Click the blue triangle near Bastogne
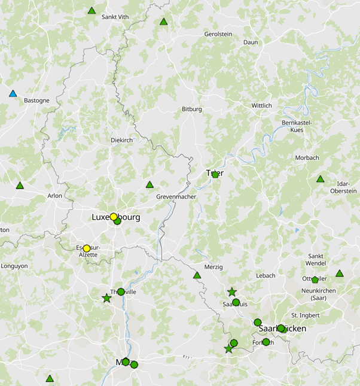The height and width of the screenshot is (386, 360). coord(13,93)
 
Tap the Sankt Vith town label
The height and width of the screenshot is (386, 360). coord(115,17)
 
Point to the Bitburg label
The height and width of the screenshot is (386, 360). coord(192,110)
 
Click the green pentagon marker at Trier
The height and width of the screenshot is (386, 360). coord(215,174)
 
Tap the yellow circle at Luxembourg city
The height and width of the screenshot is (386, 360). coord(113,217)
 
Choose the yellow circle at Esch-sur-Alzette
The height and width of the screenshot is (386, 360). coord(86,248)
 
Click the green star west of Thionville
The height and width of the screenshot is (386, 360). coord(106,298)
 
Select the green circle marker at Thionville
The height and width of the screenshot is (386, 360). coord(121,292)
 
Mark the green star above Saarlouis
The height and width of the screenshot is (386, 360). coord(232,292)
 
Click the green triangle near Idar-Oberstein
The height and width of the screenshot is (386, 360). coord(320,179)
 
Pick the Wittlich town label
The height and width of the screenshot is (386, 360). coord(261,105)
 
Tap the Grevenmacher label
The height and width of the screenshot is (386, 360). coord(176,197)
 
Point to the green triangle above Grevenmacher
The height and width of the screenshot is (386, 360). coord(150,184)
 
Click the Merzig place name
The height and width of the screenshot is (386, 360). coord(213,267)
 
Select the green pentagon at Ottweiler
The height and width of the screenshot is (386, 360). coord(315,279)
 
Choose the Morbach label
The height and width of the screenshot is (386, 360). coord(307,158)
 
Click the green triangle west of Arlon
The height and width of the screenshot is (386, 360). coord(20,186)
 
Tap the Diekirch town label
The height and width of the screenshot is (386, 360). coord(121,140)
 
